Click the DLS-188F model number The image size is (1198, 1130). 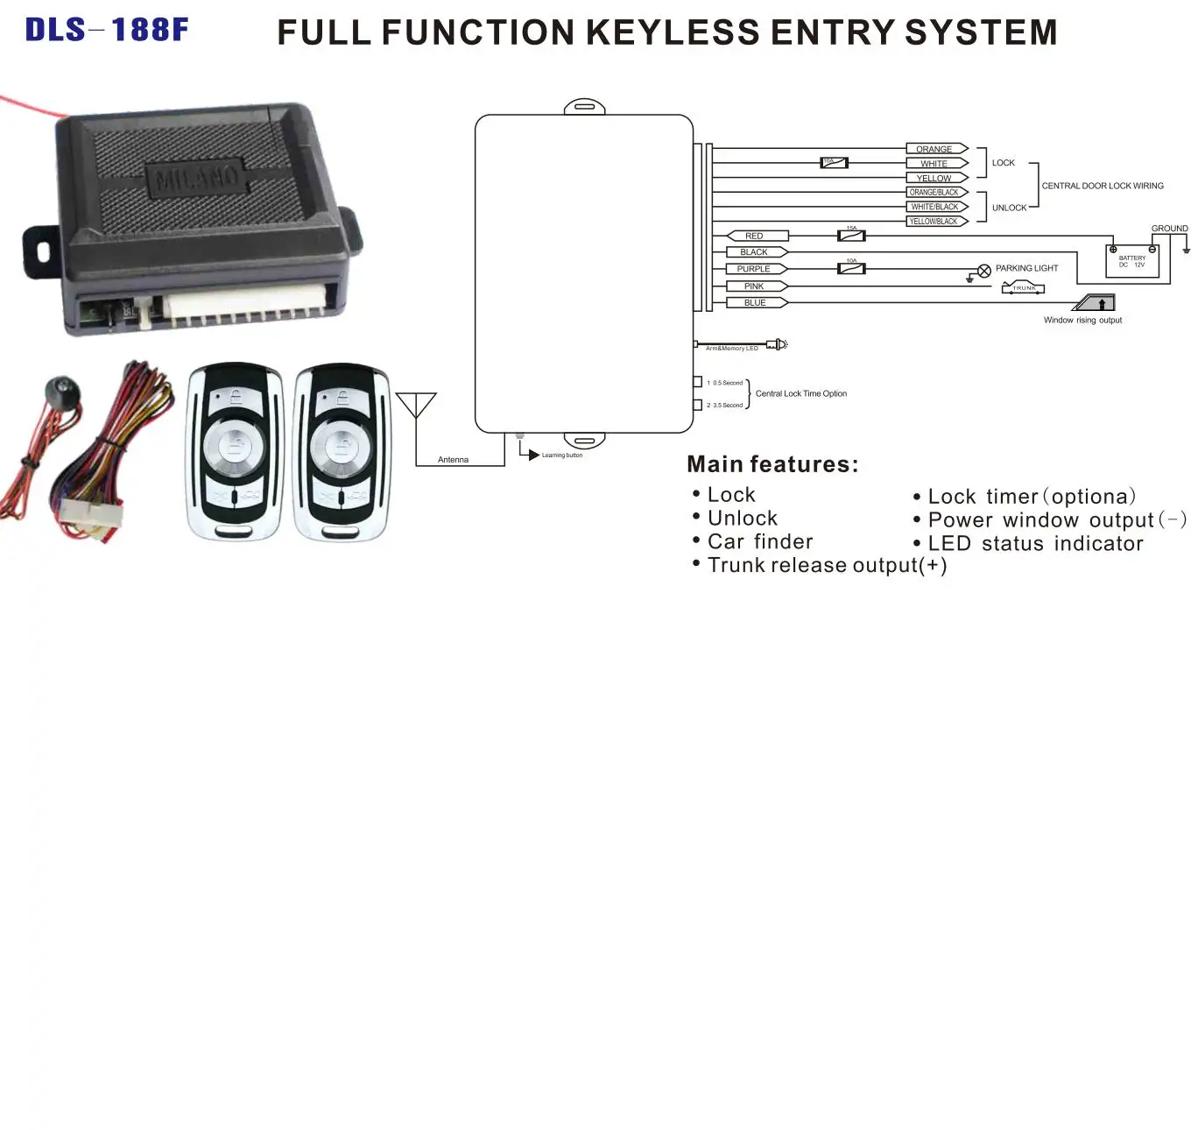point(107,30)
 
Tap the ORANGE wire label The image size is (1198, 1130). point(934,149)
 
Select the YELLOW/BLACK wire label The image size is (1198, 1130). point(934,222)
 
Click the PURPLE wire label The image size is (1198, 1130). point(754,269)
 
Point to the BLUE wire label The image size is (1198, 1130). point(755,303)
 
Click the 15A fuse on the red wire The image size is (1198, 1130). point(851,235)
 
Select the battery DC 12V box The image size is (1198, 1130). point(1132,261)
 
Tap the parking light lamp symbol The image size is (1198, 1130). point(984,271)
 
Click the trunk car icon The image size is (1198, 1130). point(1023,287)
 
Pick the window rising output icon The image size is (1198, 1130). point(1096,303)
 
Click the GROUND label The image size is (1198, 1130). point(1169,229)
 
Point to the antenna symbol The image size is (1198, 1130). point(416,407)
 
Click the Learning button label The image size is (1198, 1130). point(561,456)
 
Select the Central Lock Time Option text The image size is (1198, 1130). point(801,394)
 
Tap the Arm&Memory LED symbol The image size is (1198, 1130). point(778,344)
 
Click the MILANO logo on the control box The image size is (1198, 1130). point(198,179)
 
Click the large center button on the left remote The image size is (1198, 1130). point(234,447)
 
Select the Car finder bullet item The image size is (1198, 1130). point(759,542)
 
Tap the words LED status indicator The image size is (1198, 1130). point(1035,544)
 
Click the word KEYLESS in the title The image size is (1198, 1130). point(672,33)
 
